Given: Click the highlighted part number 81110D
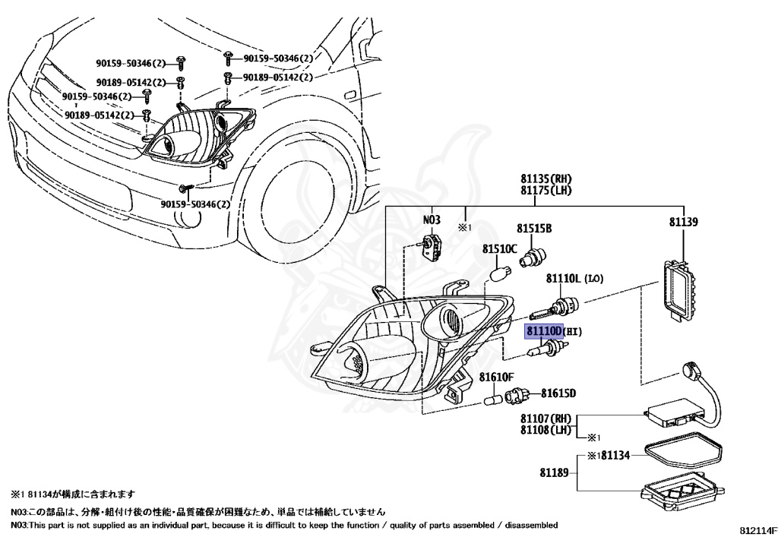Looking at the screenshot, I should pos(542,332).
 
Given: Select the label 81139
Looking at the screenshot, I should pos(684,223).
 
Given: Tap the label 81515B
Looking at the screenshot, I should pos(534,228).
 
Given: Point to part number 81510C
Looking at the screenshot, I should pos(499,249).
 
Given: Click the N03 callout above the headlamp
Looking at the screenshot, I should pos(432,220).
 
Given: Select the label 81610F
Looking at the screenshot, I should pos(497,377).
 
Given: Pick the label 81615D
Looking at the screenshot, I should pos(558,393).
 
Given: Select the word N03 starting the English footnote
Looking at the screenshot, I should pos(20,525).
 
